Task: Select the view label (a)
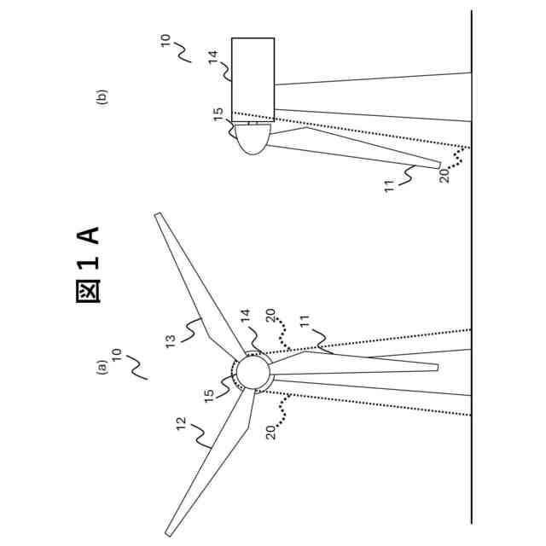102,368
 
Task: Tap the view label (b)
102,97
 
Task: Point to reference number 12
182,423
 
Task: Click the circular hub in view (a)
252,372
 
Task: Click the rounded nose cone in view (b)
253,138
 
